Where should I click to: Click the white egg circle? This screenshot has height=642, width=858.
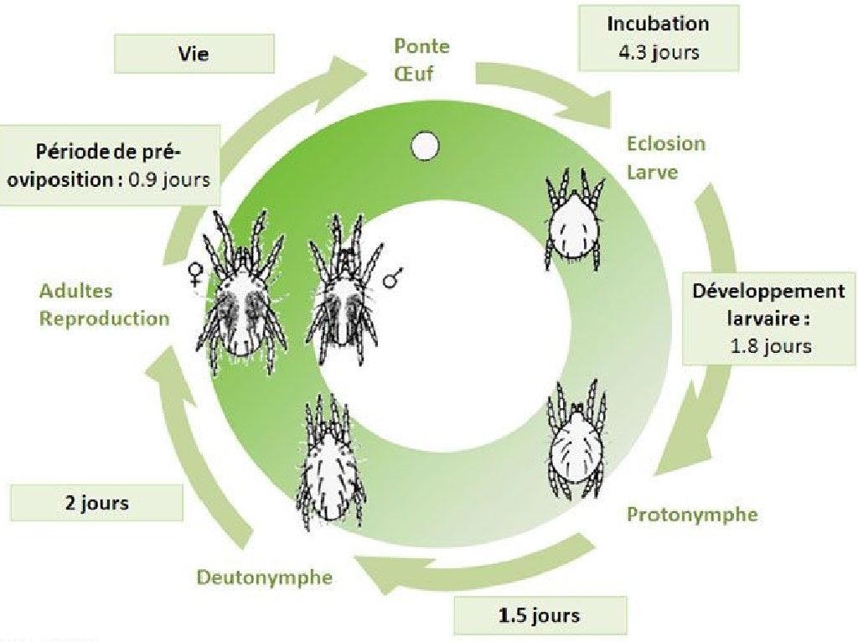425,146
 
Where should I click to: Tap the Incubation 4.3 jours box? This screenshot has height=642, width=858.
659,39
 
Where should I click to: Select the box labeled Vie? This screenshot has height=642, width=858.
194,54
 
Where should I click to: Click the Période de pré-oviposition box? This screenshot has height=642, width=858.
110,165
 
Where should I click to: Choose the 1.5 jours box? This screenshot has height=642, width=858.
540,615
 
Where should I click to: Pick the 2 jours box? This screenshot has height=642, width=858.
97,502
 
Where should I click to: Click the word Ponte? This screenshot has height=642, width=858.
422,46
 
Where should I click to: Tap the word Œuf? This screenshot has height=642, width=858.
414,74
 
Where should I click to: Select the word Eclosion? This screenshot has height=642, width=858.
666,144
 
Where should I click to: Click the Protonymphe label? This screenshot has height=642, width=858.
692,515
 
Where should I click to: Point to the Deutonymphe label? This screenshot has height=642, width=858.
265,577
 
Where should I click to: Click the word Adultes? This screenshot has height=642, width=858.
76,291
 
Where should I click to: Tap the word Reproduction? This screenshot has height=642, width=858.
105,318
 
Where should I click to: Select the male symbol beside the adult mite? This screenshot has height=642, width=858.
393,277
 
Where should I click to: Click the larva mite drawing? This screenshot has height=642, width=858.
575,219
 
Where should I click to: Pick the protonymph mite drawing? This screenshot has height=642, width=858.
576,440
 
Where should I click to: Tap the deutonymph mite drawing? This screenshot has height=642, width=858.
330,462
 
